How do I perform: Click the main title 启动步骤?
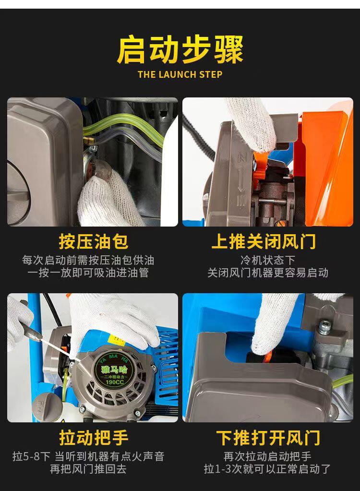(x=180, y=50)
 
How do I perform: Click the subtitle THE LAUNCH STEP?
(x=180, y=74)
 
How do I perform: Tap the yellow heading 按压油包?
(x=93, y=241)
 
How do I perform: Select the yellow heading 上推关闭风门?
(x=264, y=241)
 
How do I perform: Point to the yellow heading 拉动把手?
(x=94, y=437)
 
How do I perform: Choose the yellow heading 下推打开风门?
(x=268, y=437)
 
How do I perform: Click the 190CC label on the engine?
(x=115, y=383)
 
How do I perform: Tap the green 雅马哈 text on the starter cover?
(x=115, y=370)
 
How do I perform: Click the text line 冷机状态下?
(x=268, y=260)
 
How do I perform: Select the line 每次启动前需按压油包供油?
(x=88, y=260)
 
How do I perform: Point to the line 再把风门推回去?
(x=88, y=469)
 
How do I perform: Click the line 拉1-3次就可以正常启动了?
(x=268, y=469)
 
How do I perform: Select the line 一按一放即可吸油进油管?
(x=88, y=273)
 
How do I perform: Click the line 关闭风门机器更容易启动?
(x=268, y=273)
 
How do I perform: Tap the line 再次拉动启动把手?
(x=268, y=456)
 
